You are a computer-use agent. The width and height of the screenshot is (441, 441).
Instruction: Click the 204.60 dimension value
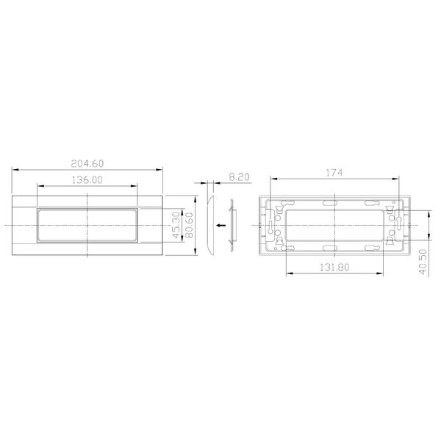pyautogui.click(x=88, y=164)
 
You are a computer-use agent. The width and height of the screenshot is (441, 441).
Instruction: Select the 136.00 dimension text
pyautogui.click(x=88, y=179)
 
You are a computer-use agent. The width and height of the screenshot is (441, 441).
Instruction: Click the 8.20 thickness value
pyautogui.click(x=240, y=177)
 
